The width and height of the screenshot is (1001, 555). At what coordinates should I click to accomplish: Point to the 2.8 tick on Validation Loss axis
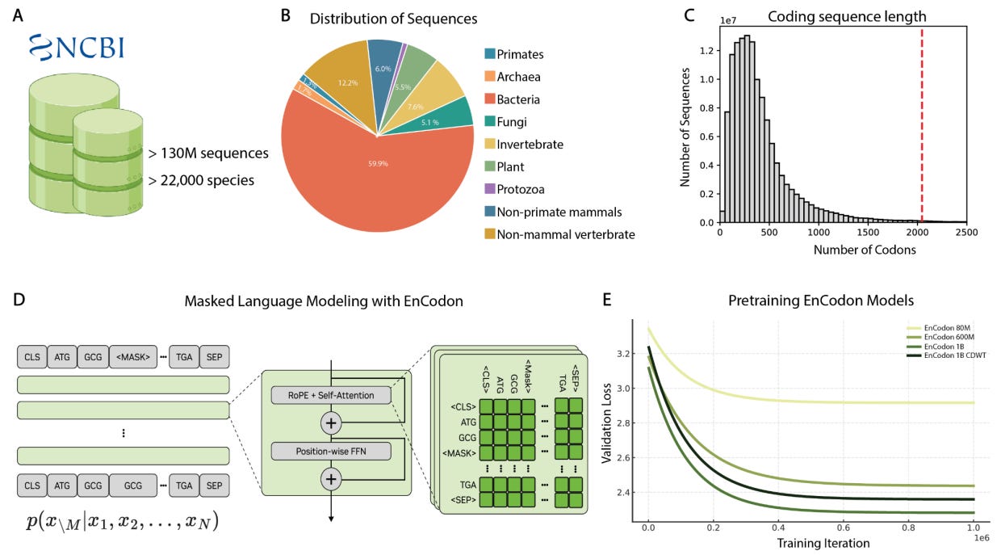point(621,423)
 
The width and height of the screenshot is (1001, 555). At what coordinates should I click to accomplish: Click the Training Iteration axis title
point(823,543)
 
